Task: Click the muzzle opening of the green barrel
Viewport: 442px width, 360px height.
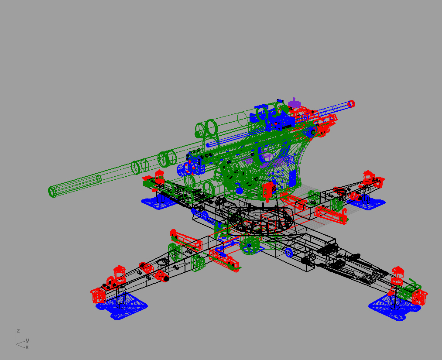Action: point(52,192)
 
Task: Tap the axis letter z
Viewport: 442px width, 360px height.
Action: point(18,331)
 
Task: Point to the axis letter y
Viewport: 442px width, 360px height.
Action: point(27,340)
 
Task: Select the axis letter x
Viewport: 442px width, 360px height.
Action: point(27,347)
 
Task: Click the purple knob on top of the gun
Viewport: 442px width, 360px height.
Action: point(294,102)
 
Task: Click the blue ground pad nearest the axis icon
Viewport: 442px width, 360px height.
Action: point(122,306)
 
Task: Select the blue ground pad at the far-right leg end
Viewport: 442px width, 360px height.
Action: point(394,308)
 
